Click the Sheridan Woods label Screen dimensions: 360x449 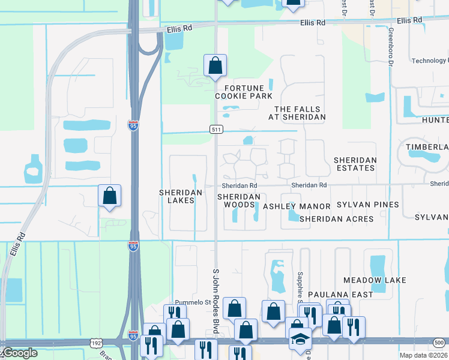pos(239,200)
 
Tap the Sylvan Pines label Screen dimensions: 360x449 pos(367,205)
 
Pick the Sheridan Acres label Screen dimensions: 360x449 pos(336,219)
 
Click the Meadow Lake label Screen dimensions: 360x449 pos(375,280)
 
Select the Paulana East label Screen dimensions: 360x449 pos(340,295)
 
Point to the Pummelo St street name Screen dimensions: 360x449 pos(190,302)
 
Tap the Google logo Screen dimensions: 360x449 pos(19,353)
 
